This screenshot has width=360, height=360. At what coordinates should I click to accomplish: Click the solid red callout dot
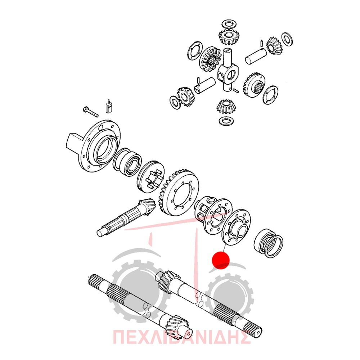point(221,260)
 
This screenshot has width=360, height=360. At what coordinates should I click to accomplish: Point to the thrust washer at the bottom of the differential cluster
point(226,121)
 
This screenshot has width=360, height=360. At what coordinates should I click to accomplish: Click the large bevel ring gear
point(179,193)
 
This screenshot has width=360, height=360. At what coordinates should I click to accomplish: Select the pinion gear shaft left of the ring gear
point(126,218)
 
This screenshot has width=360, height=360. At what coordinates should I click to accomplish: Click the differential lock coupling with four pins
point(150,176)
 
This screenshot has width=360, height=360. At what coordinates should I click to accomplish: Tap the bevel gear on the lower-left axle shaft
point(176,326)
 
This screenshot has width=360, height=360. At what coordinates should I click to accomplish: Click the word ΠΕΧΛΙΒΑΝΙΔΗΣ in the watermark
point(181,337)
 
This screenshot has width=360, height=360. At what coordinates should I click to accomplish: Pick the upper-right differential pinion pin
point(256,56)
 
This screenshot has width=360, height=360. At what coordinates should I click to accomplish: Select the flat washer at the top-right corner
point(287,39)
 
